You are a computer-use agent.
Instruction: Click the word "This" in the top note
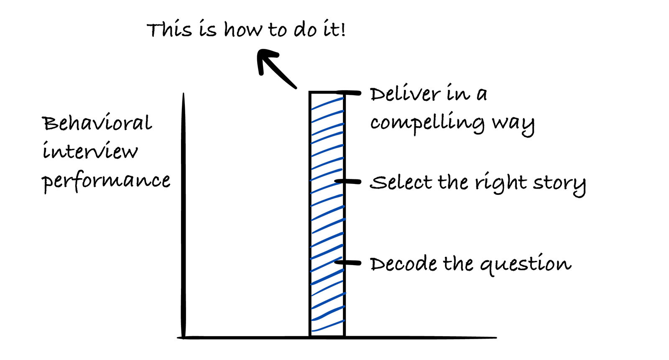pos(169,30)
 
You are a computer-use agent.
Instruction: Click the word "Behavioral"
pos(97,123)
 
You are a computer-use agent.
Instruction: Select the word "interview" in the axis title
pos(90,151)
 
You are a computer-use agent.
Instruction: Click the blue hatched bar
pos(327,213)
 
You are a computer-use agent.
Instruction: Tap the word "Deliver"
pos(405,94)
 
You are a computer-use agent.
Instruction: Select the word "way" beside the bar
pos(513,124)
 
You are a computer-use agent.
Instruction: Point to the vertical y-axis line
pos(183,217)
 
